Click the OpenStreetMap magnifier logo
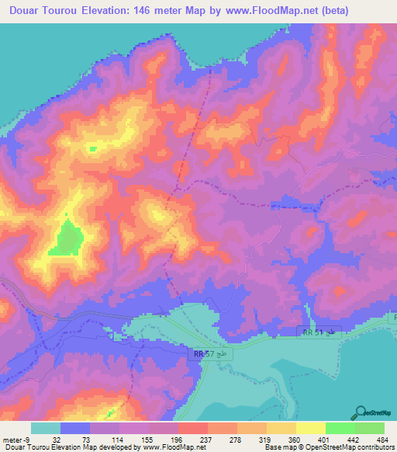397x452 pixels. [x=361, y=412]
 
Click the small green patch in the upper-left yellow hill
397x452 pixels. [x=93, y=148]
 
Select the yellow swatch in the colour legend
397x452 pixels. [x=310, y=428]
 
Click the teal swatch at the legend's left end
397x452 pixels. [x=46, y=428]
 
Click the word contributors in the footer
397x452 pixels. [x=375, y=447]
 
